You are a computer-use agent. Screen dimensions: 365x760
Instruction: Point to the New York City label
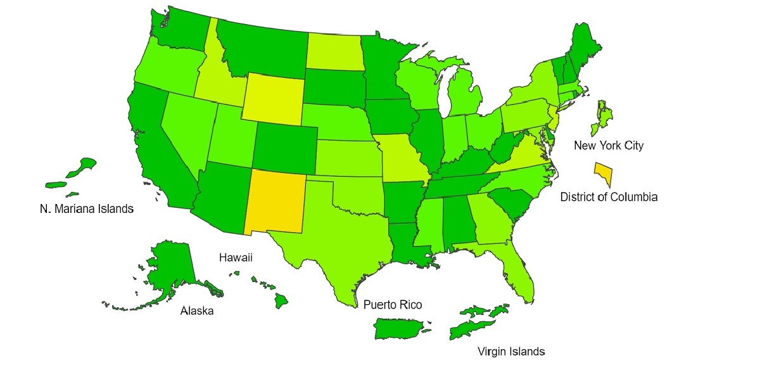608,146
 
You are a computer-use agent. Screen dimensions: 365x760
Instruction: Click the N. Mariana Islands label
87,208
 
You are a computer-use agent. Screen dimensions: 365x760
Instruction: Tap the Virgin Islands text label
510,351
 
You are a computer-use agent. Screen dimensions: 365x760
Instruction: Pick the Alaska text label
197,311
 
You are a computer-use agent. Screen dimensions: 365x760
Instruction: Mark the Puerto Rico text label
393,305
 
